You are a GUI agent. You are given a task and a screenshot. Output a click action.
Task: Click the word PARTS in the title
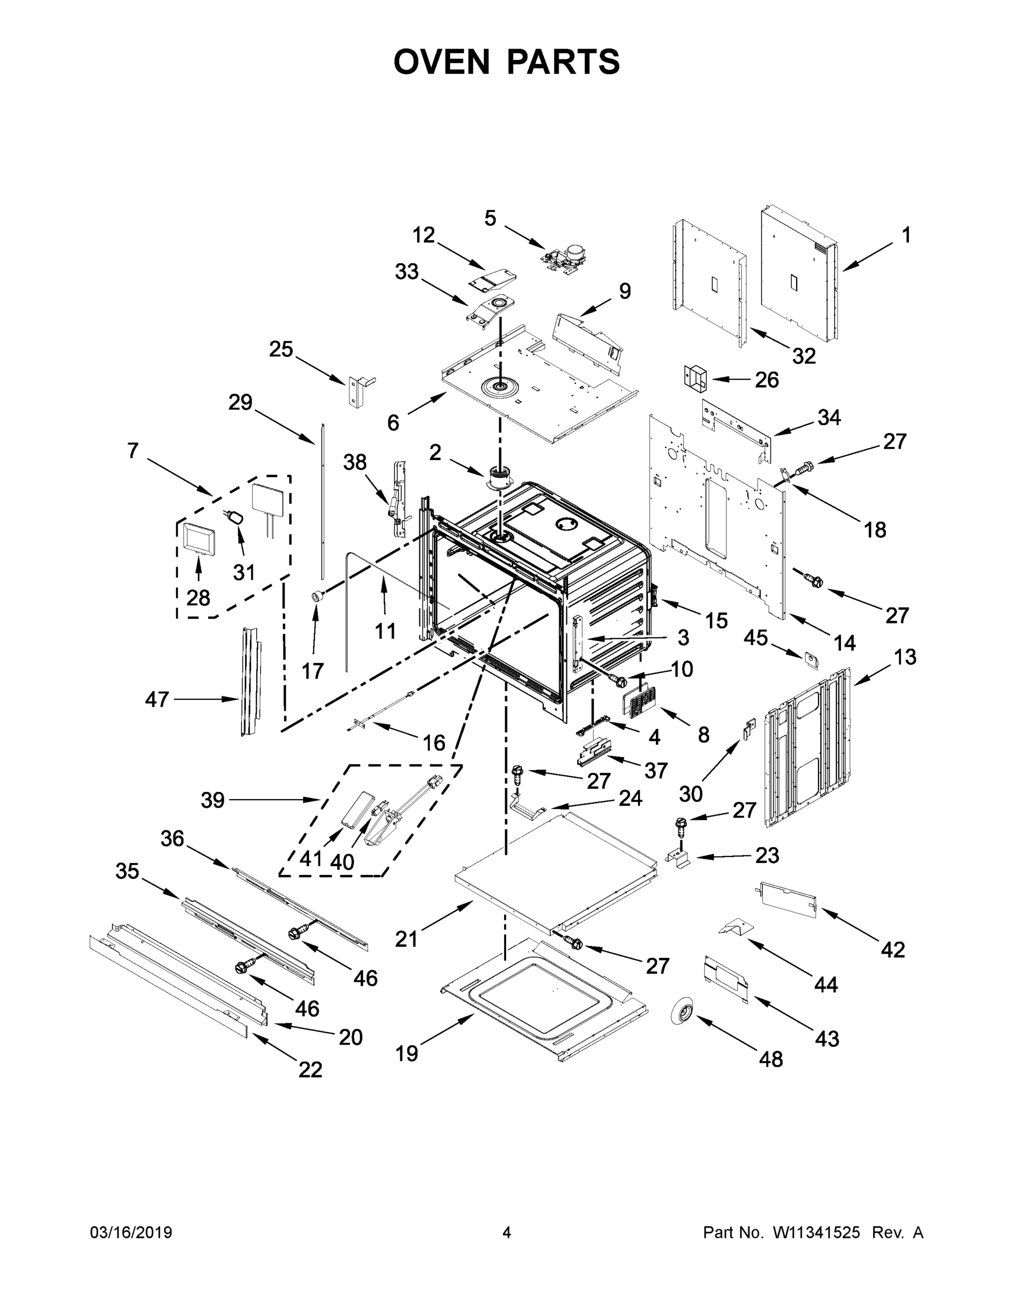coord(563,62)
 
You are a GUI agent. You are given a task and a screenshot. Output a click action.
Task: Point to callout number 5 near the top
coord(490,218)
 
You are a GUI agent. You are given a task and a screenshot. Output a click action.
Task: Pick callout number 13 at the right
coord(905,657)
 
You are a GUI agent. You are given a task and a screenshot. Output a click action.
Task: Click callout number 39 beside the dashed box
coord(212,800)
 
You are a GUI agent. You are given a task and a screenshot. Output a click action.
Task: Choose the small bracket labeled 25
coord(358,391)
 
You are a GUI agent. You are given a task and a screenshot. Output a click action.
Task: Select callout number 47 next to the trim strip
coord(157,699)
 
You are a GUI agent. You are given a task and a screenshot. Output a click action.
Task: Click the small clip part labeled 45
coord(811,659)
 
